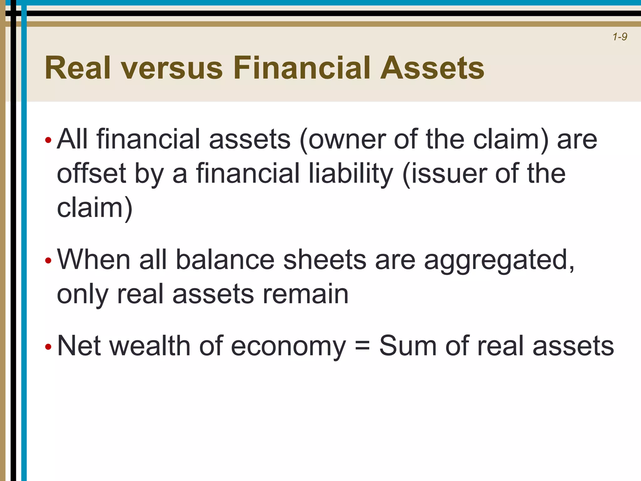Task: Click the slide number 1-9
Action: (620, 37)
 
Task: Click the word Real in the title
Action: (78, 68)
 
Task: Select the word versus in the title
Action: (172, 68)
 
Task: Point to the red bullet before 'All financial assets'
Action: (48, 140)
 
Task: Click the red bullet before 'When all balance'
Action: (48, 260)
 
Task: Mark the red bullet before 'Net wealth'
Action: (48, 347)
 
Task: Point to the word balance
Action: (225, 260)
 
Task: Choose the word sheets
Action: (325, 260)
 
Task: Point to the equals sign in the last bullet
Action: (362, 347)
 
